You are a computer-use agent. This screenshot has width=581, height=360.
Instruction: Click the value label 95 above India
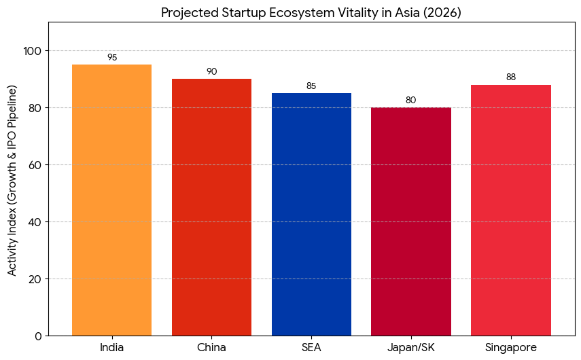pos(112,58)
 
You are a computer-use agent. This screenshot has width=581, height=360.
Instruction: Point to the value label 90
pos(211,72)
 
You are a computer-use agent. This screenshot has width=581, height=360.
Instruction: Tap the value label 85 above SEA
pos(311,86)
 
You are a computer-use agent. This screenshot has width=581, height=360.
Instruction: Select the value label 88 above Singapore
pos(511,77)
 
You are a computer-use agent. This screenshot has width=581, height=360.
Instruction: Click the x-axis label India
pos(111,348)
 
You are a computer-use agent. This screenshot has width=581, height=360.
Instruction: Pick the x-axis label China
pos(211,348)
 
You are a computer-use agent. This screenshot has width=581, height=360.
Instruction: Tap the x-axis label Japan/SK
pos(411,348)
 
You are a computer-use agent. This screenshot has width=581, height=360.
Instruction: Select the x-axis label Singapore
pos(511,348)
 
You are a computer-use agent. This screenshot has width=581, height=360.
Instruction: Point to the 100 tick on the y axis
pos(33,51)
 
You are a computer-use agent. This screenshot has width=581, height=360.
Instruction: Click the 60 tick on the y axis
pos(36,165)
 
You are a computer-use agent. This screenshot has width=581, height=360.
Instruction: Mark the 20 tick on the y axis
pos(36,279)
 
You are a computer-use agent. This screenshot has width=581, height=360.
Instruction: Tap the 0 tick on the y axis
pos(39,336)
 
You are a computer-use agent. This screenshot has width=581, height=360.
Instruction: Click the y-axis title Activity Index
pos(12,180)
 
